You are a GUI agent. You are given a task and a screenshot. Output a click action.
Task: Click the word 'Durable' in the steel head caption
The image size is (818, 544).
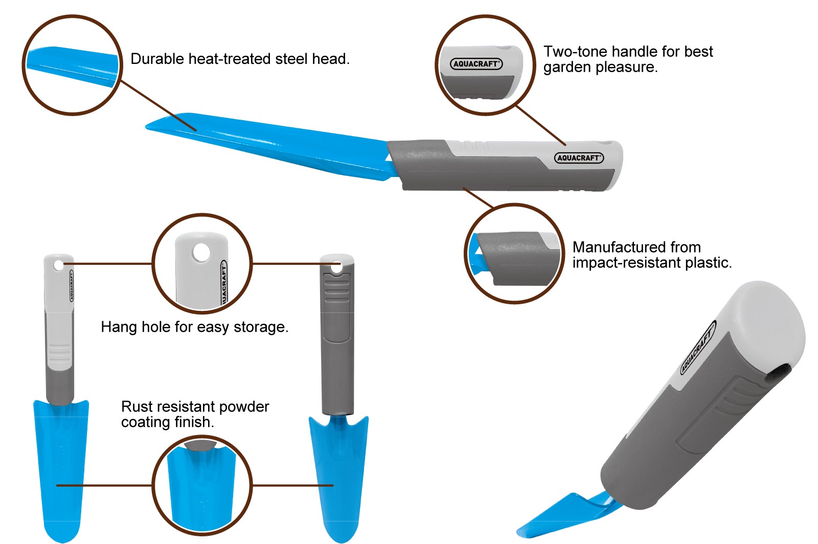tap(157, 59)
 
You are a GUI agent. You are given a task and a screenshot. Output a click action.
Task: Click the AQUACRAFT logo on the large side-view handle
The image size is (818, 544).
tap(579, 157)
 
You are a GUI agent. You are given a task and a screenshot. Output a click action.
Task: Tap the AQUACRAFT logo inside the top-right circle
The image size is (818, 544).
tap(476, 64)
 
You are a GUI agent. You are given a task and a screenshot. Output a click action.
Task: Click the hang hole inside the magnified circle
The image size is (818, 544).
tap(201, 253)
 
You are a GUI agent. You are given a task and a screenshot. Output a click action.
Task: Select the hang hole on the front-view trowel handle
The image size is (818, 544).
tap(58, 265)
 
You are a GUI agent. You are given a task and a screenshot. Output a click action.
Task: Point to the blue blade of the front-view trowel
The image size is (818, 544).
tap(61, 471)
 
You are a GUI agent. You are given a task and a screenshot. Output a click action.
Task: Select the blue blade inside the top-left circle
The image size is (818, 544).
tap(73, 66)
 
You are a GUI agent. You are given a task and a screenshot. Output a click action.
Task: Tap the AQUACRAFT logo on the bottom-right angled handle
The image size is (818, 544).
tap(698, 347)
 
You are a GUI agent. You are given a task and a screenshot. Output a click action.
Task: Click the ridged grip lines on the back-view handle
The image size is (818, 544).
tap(337, 290)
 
